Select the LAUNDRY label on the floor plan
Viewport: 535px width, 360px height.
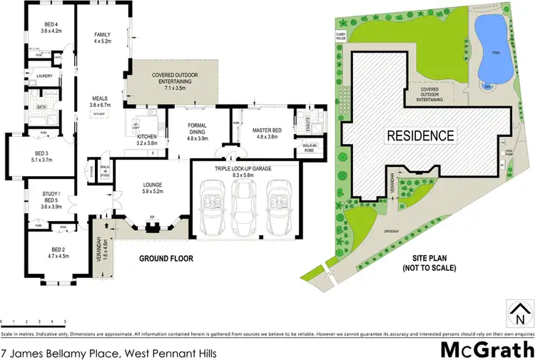point(45,75)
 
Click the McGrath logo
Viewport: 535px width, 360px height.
point(487,349)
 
